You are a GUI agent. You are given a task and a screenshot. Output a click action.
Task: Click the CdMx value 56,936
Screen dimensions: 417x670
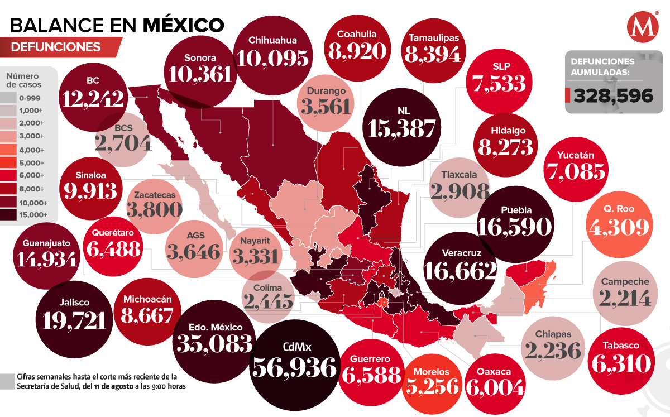295,368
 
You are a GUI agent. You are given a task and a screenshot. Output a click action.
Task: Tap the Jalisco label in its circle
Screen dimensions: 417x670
73,302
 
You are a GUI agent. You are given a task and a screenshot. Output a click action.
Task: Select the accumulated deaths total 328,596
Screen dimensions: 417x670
612,96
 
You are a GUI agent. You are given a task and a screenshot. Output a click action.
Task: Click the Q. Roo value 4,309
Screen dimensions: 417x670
619,227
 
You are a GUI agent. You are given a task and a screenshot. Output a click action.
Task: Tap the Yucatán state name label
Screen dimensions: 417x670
576,155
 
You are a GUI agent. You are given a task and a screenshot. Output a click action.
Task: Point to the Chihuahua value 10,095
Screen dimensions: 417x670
272,57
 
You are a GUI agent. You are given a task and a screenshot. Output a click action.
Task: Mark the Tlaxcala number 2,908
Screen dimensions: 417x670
460,190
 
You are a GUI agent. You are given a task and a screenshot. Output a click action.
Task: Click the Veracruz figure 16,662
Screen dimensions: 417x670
460,270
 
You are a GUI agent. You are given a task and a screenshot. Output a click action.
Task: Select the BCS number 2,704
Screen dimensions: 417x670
123,143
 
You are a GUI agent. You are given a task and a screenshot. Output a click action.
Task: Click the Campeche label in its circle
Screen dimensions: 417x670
625,282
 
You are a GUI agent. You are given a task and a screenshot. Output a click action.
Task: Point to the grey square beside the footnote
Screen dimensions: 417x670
7,381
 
